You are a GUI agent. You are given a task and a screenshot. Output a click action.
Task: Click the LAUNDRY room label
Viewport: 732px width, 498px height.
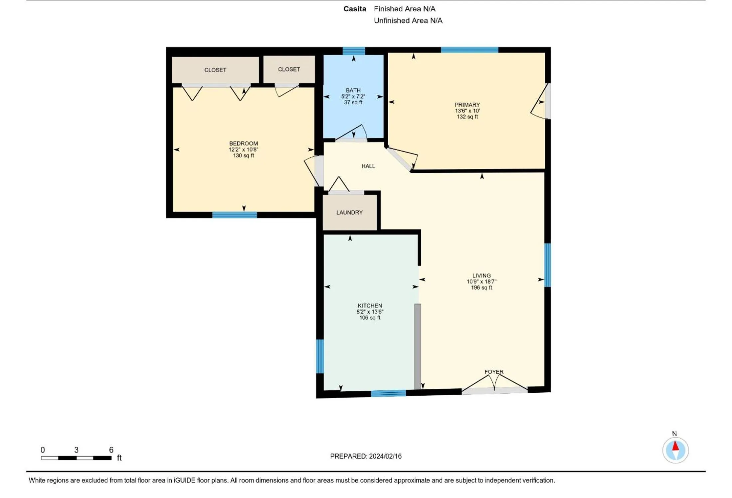click(x=349, y=212)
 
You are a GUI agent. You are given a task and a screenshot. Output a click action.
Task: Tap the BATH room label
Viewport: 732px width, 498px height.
click(x=353, y=90)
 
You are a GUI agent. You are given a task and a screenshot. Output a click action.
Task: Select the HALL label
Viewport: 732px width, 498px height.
click(x=368, y=166)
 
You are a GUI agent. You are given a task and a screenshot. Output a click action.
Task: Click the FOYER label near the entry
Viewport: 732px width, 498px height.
click(x=493, y=372)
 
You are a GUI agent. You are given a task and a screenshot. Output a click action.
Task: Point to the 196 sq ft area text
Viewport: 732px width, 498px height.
click(x=481, y=288)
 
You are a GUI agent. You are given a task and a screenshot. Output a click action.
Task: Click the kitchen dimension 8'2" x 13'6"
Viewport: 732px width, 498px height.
click(x=370, y=312)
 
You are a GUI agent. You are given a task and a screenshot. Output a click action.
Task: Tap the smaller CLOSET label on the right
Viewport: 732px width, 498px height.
click(x=288, y=69)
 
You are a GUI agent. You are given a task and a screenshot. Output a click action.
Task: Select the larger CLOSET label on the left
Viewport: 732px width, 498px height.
click(x=215, y=70)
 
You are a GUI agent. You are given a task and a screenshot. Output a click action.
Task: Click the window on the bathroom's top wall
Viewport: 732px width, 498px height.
click(x=353, y=51)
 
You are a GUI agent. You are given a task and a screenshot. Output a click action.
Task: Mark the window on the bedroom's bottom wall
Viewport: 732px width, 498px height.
click(x=234, y=215)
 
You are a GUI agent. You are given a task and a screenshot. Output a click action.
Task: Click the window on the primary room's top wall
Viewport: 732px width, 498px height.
click(x=469, y=50)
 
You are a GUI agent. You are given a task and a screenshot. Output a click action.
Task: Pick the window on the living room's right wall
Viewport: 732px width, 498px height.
click(x=547, y=265)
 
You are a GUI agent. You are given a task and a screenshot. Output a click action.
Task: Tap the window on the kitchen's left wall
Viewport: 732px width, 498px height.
click(x=319, y=356)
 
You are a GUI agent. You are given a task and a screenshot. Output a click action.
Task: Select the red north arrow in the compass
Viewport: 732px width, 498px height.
click(x=675, y=446)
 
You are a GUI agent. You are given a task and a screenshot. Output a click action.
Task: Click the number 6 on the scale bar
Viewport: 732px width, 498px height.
click(x=111, y=450)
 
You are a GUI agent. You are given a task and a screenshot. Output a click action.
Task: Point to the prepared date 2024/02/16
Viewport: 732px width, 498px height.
click(x=385, y=456)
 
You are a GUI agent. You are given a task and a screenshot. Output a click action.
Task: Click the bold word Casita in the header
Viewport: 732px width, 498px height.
click(x=354, y=9)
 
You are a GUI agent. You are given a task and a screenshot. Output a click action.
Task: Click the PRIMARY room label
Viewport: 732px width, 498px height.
click(x=467, y=105)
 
